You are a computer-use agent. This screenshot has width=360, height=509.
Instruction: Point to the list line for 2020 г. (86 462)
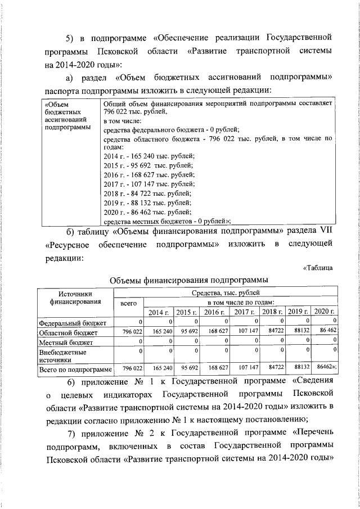tap(148, 211)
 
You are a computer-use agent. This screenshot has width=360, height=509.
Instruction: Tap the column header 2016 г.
tap(214, 312)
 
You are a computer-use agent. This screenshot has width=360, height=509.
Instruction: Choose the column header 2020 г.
tap(325, 312)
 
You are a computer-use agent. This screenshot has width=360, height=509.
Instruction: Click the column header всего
tap(129, 303)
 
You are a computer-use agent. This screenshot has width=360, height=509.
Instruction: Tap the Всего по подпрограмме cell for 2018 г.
tap(273, 368)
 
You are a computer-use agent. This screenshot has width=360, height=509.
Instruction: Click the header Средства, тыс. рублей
tap(226, 293)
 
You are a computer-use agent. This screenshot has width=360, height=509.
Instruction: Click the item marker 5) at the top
tap(71, 38)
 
